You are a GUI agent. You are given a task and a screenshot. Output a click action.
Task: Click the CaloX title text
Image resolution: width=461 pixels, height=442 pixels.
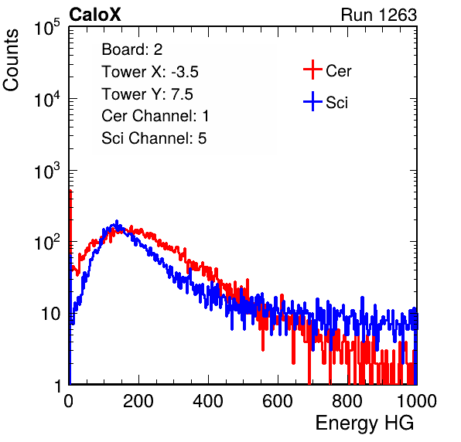point(95,15)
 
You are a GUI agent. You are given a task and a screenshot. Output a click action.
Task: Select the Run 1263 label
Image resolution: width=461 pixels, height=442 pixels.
point(379,15)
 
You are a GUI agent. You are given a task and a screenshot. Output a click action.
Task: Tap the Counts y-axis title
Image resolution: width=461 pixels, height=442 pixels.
point(11,60)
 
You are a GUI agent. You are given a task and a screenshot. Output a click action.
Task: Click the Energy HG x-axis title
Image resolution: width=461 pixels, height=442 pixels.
point(364,423)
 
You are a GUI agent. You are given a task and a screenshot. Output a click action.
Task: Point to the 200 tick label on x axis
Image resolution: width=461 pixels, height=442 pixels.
point(138,401)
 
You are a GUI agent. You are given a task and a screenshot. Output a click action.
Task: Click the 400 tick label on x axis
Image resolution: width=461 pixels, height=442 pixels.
point(208,401)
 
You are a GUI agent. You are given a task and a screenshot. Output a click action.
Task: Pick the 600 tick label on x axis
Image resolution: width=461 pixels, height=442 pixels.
point(278,401)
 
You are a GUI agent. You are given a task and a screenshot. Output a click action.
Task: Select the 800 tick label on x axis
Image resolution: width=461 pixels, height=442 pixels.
point(347,401)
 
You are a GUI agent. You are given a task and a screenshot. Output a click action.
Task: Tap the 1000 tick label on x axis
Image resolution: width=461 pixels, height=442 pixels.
point(417,401)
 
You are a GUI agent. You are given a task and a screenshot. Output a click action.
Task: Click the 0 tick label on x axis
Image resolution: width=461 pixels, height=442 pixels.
point(68,401)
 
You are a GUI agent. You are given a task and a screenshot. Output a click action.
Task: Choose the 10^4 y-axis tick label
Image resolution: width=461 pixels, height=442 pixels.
point(46,99)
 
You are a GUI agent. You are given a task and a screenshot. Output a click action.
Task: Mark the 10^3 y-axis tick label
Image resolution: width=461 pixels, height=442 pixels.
point(46,170)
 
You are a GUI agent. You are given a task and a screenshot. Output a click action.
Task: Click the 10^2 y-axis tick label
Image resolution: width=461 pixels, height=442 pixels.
point(46,242)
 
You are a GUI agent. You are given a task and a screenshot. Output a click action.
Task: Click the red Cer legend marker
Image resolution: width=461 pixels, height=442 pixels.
point(312,70)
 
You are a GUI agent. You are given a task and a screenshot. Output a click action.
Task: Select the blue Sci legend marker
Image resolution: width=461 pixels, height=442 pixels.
point(312,101)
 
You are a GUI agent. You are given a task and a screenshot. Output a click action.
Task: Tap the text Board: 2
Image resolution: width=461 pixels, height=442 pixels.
point(132,49)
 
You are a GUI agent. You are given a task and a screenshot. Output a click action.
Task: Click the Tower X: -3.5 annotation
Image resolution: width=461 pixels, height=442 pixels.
point(150,72)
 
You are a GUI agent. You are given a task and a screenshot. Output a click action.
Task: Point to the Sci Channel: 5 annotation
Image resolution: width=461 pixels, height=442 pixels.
point(154,138)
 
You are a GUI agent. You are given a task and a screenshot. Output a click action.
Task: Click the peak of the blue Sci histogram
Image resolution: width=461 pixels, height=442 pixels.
point(117,221)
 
